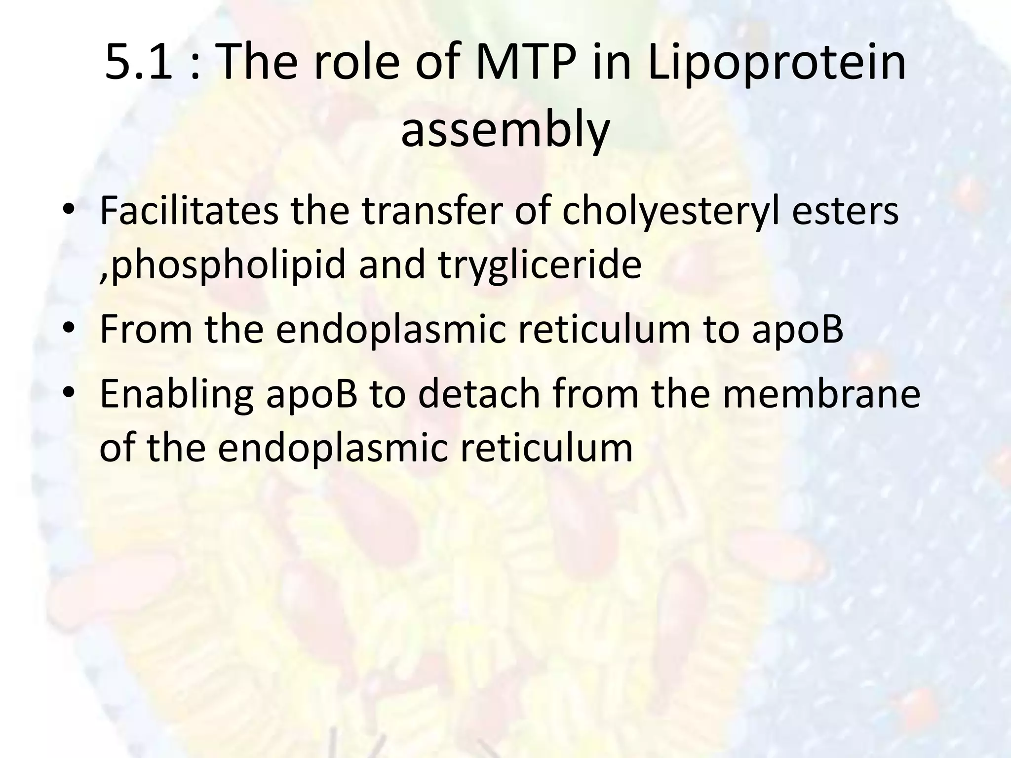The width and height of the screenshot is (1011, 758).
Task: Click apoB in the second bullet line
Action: coord(797,330)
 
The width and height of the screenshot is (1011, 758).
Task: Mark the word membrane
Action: coord(821,393)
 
